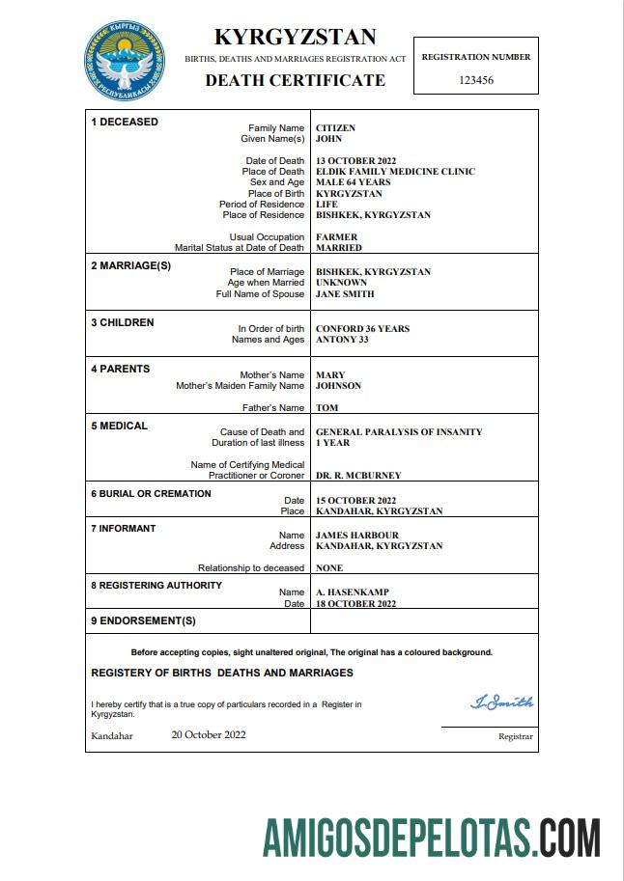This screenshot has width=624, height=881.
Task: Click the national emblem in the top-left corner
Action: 124,59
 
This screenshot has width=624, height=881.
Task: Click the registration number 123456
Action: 475,80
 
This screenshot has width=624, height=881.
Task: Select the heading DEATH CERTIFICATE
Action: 295,80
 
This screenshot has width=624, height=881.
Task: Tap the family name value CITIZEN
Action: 336,127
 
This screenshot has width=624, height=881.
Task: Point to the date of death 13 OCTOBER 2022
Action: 356,161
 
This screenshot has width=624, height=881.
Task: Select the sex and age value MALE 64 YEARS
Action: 353,182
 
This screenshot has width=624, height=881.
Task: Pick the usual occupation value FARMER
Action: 336,237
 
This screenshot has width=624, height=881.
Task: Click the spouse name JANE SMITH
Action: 345,294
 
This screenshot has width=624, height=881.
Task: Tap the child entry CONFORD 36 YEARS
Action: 362,329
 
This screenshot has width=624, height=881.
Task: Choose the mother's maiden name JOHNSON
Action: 338,386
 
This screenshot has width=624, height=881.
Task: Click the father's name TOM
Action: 326,408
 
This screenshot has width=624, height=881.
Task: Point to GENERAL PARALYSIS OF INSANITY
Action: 399,432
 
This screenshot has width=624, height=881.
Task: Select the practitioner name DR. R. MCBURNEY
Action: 358,476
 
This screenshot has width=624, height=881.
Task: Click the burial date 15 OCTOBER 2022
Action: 356,501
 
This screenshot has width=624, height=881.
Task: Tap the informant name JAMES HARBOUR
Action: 356,536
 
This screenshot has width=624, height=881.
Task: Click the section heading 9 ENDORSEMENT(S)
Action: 143,620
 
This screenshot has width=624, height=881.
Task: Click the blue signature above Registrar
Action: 501,702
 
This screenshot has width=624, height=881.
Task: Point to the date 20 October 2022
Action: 209,734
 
